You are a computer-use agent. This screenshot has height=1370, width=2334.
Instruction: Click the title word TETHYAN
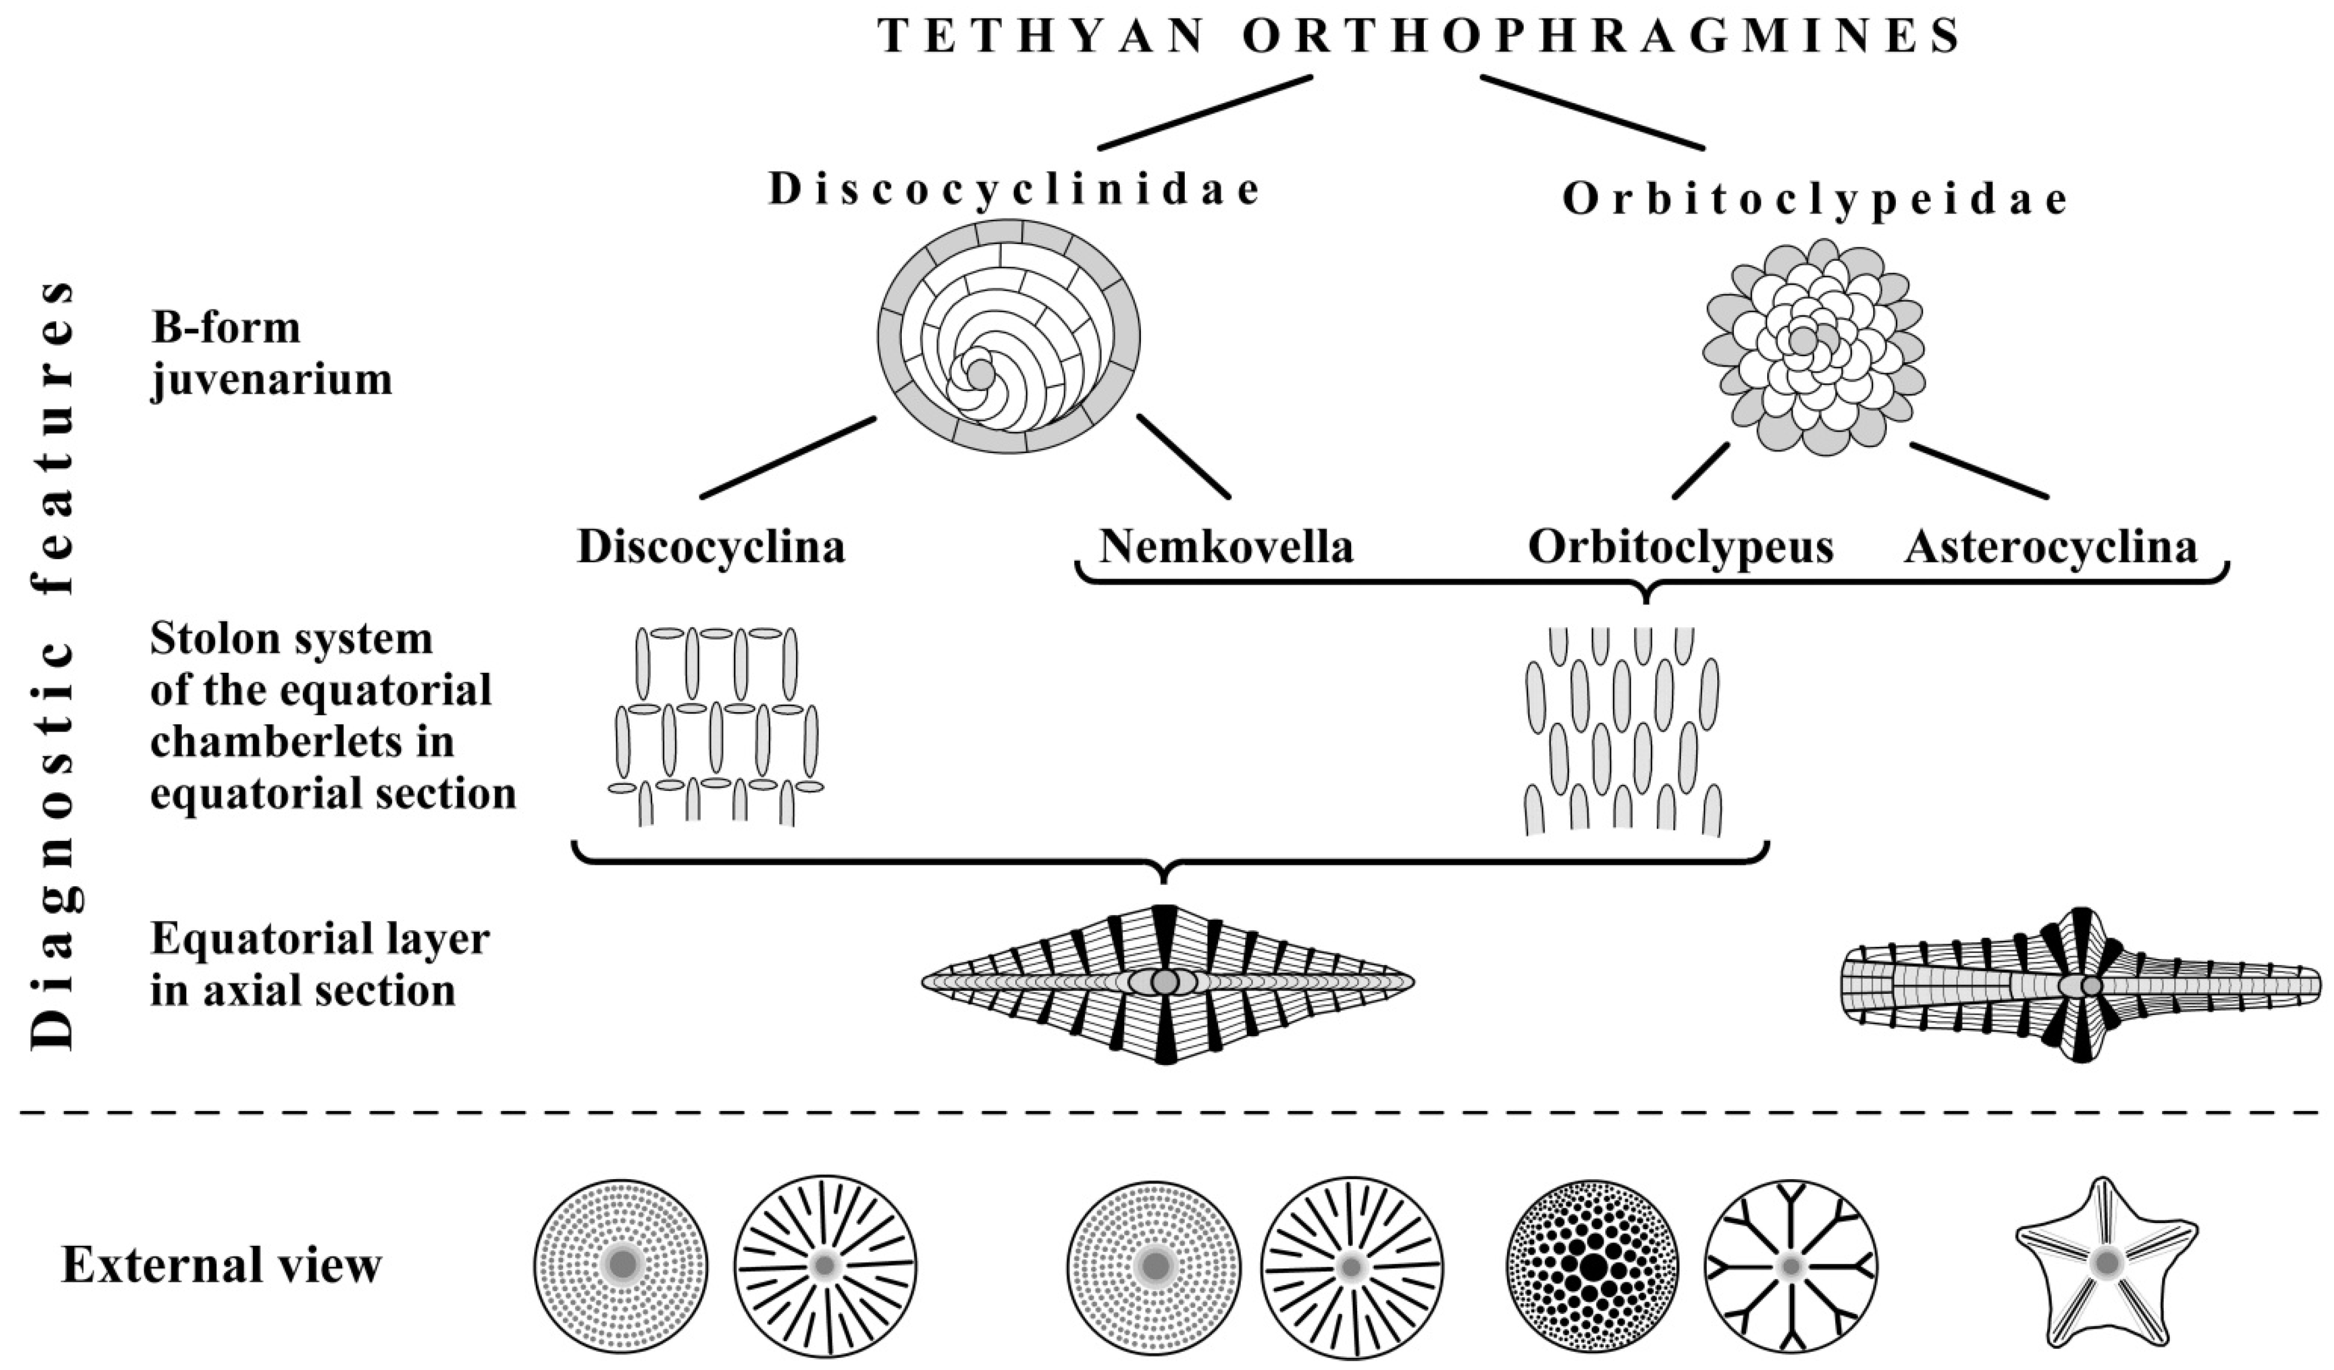click(x=1042, y=37)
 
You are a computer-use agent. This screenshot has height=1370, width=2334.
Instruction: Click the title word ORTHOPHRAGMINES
click(x=1600, y=37)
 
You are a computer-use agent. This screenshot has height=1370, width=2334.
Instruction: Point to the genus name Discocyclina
click(x=711, y=546)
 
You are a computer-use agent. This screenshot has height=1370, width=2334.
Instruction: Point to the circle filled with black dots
click(x=1593, y=1265)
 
